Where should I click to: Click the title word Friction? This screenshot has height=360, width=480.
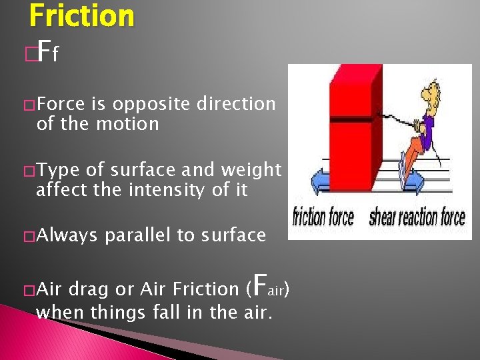tap(81, 15)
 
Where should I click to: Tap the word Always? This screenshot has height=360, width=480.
tap(67, 235)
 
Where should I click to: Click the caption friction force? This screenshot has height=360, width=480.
tap(324, 217)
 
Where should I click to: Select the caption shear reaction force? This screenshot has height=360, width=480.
tap(417, 217)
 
